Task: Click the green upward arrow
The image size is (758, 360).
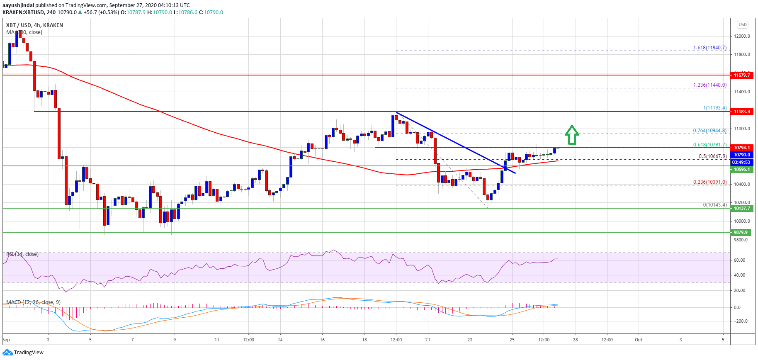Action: (572, 135)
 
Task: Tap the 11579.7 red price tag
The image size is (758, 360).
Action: (742, 75)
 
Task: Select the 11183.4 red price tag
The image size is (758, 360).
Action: (742, 112)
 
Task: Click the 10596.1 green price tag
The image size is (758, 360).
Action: (742, 169)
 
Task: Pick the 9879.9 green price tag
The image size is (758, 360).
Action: (742, 232)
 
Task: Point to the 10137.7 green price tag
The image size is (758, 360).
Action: (742, 208)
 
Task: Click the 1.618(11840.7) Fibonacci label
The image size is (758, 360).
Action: (709, 48)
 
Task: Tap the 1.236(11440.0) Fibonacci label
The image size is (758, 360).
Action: (709, 85)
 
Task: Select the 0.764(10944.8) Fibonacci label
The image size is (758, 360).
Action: (709, 131)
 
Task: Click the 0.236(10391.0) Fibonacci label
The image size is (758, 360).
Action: (709, 182)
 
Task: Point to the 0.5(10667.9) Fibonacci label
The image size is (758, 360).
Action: (712, 156)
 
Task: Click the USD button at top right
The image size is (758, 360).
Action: (742, 24)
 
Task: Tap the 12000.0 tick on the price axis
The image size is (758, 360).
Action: (742, 36)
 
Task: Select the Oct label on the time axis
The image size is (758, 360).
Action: (639, 340)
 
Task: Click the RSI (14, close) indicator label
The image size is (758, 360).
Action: (22, 254)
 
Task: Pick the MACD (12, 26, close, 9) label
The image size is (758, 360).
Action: (33, 302)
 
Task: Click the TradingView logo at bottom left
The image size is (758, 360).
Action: (23, 353)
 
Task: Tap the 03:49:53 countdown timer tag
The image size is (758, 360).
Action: (741, 162)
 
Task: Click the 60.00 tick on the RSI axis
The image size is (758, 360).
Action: (739, 260)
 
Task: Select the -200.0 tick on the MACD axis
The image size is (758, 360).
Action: (740, 321)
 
